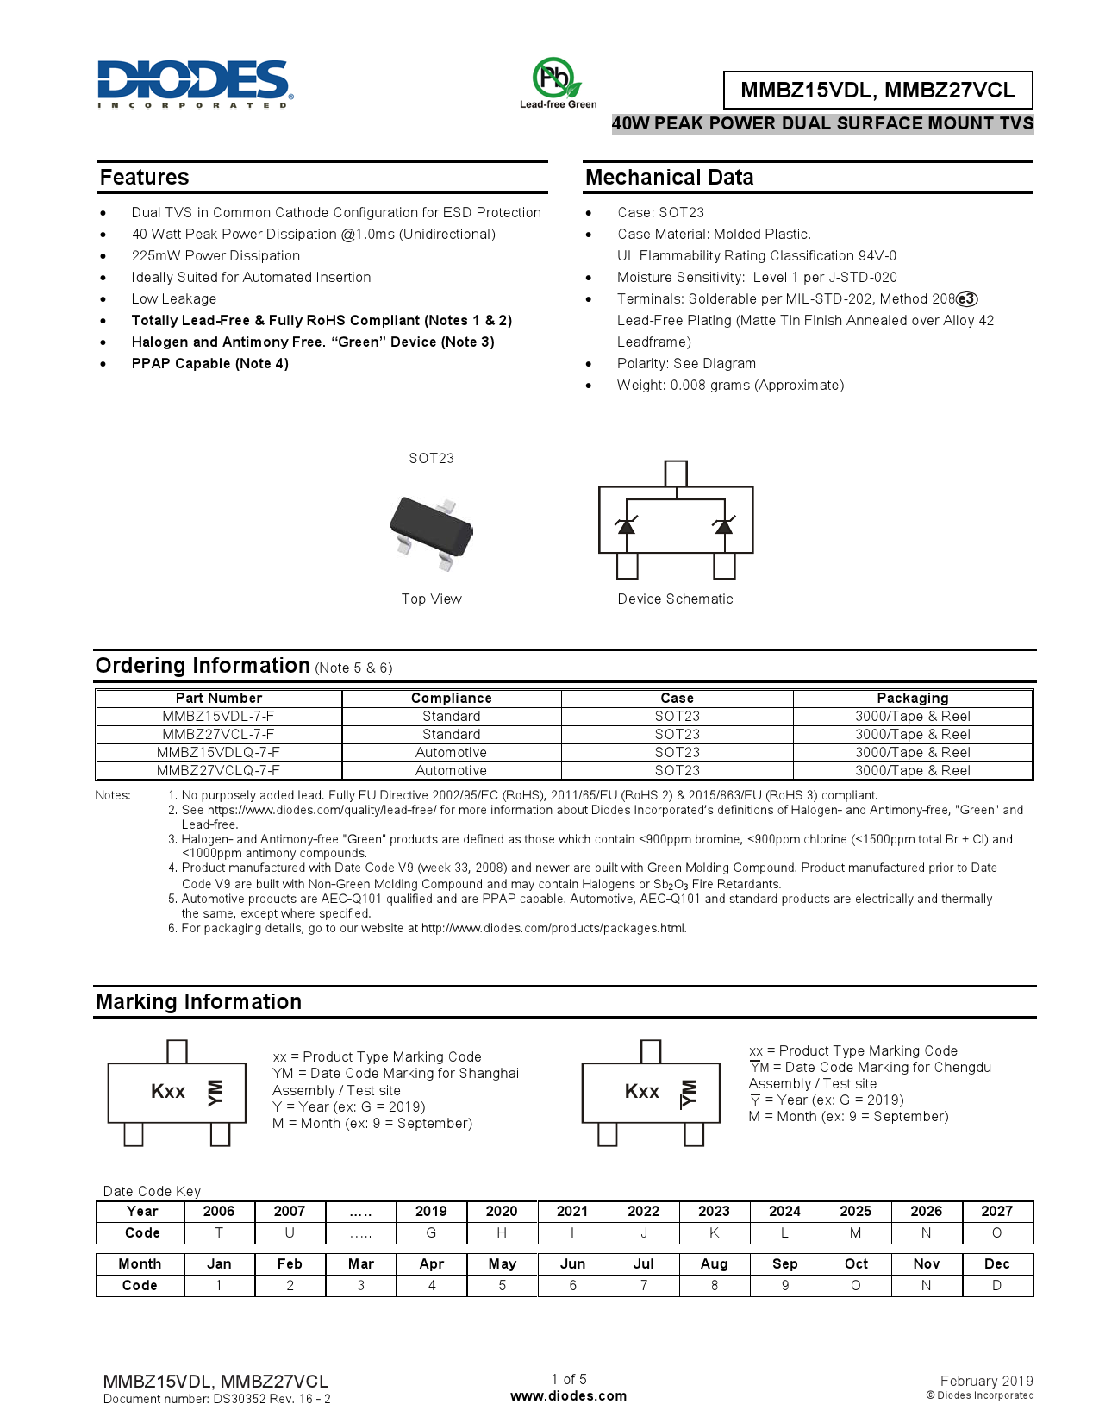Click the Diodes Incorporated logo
pyautogui.click(x=195, y=84)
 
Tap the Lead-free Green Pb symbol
pyautogui.click(x=555, y=79)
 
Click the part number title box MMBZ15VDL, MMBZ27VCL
pyautogui.click(x=877, y=90)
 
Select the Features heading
pyautogui.click(x=144, y=178)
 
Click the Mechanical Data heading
pyautogui.click(x=669, y=178)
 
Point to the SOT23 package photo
pyautogui.click(x=432, y=530)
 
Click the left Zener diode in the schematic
pyautogui.click(x=627, y=524)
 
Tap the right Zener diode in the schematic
pyautogui.click(x=724, y=524)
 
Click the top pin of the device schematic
pyautogui.click(x=676, y=473)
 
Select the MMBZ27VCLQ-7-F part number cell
pyautogui.click(x=218, y=771)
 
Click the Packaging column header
pyautogui.click(x=912, y=699)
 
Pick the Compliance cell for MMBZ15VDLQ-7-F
pyautogui.click(x=451, y=753)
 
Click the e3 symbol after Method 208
pyautogui.click(x=967, y=299)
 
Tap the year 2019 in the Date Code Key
pyautogui.click(x=431, y=1212)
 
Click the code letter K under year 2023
pyautogui.click(x=714, y=1233)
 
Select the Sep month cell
pyautogui.click(x=784, y=1264)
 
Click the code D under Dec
pyautogui.click(x=996, y=1286)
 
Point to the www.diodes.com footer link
pyautogui.click(x=568, y=1396)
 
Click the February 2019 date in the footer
pyautogui.click(x=986, y=1382)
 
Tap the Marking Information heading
pyautogui.click(x=198, y=1002)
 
